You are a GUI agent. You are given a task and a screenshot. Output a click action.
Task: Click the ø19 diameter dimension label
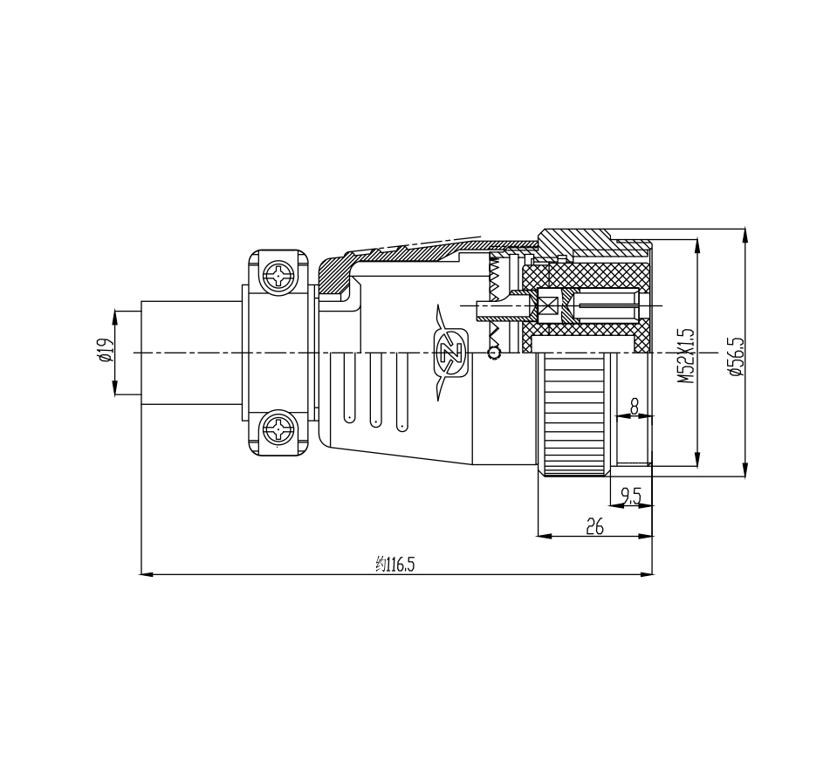point(106,351)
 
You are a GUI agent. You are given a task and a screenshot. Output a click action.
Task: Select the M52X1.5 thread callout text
point(687,355)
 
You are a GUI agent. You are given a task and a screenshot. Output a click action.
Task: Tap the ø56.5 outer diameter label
point(736,357)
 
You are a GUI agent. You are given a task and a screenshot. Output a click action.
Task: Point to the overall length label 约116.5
point(395,564)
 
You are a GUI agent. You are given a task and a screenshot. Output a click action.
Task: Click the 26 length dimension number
point(594,527)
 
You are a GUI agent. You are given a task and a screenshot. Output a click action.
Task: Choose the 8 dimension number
point(635,408)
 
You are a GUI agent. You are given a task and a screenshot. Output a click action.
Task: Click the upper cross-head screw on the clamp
point(279,277)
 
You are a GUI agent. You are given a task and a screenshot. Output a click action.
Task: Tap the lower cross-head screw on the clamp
point(279,428)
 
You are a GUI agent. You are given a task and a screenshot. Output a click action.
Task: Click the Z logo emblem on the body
point(452,353)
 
